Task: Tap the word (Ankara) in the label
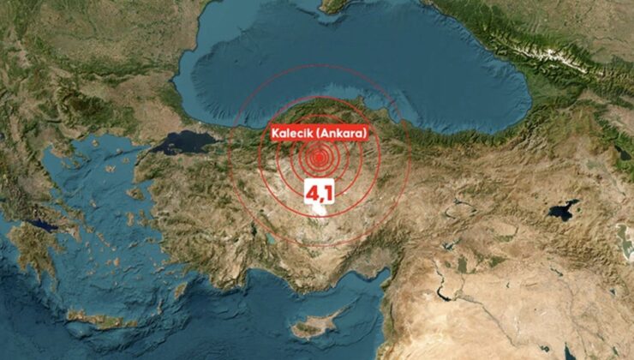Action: [340, 133]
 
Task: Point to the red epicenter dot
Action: [320, 158]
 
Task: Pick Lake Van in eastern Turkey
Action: [562, 209]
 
